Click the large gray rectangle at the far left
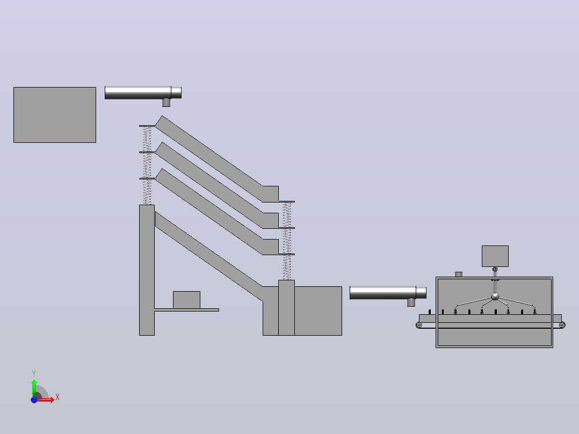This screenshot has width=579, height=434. pyautogui.click(x=55, y=115)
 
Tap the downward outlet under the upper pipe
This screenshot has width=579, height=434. pyautogui.click(x=166, y=103)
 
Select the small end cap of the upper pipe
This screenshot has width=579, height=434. pyautogui.click(x=176, y=92)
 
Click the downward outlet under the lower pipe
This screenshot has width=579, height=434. pyautogui.click(x=411, y=302)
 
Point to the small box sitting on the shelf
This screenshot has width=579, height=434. pyautogui.click(x=186, y=300)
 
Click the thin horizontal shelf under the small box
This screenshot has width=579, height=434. pyautogui.click(x=186, y=310)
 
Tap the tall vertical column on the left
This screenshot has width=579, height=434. pyautogui.click(x=147, y=270)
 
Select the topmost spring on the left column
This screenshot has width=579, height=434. pyautogui.click(x=147, y=139)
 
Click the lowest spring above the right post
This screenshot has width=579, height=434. pyautogui.click(x=287, y=267)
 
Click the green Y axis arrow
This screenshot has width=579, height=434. pyautogui.click(x=34, y=388)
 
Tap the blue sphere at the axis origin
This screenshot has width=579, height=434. pyautogui.click(x=34, y=400)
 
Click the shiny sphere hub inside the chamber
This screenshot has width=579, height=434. pyautogui.click(x=495, y=296)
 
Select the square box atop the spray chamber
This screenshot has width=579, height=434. pyautogui.click(x=495, y=256)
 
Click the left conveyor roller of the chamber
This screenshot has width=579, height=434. pyautogui.click(x=419, y=325)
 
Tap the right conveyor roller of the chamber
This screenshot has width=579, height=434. pyautogui.click(x=562, y=325)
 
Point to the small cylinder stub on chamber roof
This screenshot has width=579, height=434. pyautogui.click(x=459, y=274)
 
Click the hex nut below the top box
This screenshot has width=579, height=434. pyautogui.click(x=495, y=270)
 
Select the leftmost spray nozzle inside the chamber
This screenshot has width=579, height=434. pyautogui.click(x=455, y=312)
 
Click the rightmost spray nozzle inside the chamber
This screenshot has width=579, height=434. pyautogui.click(x=535, y=312)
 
